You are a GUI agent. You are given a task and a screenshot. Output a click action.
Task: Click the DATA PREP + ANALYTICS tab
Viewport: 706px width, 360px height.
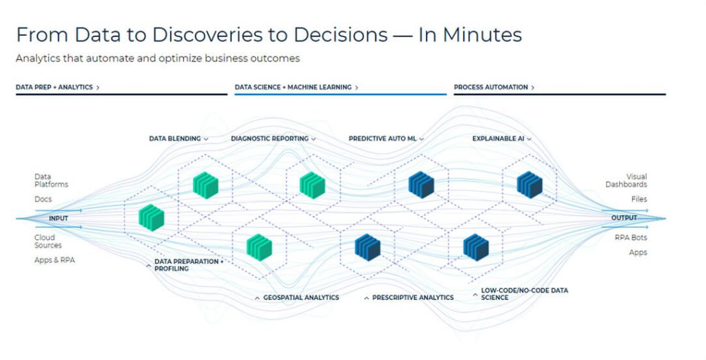coord(57,88)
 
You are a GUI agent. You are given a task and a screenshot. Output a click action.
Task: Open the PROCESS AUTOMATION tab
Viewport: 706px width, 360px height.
coord(494,88)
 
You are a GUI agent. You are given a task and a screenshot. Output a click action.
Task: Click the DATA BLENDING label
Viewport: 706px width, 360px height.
coord(175,139)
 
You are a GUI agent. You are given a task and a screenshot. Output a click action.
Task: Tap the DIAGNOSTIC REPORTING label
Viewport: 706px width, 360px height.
coord(270,139)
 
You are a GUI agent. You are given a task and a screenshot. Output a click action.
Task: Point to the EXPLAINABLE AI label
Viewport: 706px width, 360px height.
coord(498,139)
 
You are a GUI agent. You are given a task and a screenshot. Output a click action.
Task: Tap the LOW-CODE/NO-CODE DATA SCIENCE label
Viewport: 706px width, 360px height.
coord(524,294)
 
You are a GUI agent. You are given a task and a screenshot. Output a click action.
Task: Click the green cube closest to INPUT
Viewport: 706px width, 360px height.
coord(152,217)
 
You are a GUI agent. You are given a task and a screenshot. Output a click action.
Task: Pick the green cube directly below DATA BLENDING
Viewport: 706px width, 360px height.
coord(205,185)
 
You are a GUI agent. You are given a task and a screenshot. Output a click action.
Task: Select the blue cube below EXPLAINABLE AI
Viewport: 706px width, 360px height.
coord(529,184)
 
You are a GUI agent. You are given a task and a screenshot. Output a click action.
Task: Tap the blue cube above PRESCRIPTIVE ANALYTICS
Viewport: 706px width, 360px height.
coord(367,246)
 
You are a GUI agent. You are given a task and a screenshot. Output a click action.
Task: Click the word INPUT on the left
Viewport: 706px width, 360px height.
coord(59,218)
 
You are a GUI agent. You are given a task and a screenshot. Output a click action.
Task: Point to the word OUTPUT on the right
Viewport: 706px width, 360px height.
coord(624,218)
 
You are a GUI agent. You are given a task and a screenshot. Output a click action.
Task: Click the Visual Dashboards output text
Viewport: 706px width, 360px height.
coord(626,181)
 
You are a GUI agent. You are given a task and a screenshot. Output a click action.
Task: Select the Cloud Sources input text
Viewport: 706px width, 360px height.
coord(48,241)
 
